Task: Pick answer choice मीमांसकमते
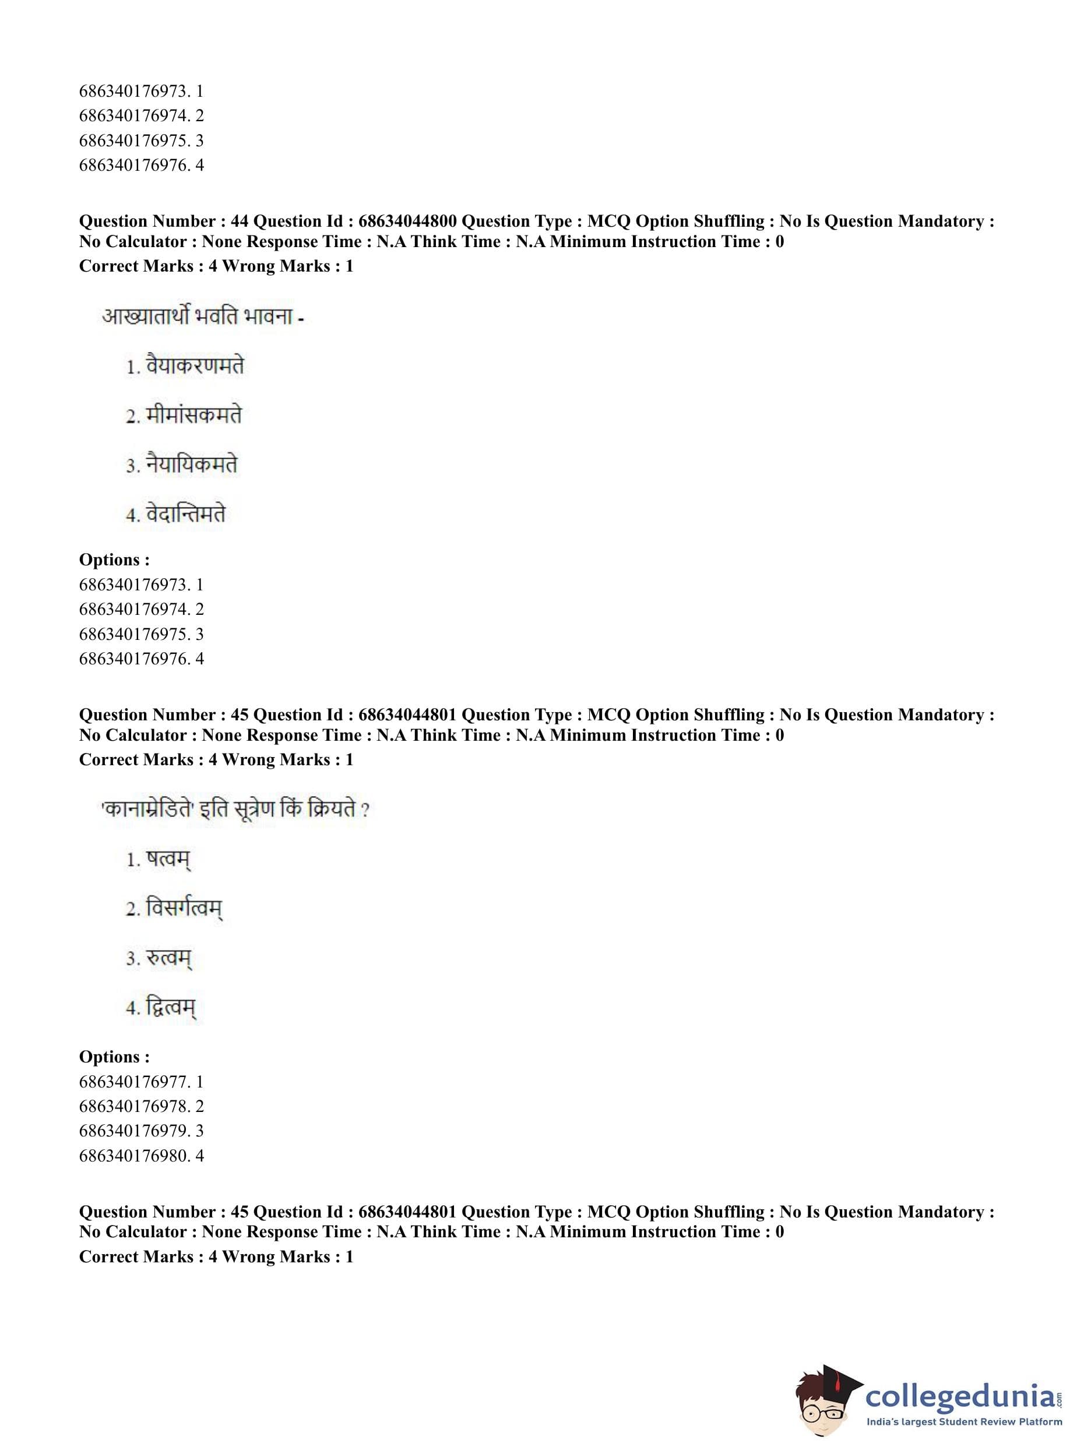193,415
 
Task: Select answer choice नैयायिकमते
192,464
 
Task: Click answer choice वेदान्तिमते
186,514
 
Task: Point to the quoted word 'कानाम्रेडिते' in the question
147,810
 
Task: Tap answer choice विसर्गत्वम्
184,909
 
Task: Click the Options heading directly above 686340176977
114,1057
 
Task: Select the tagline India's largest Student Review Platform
965,1421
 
